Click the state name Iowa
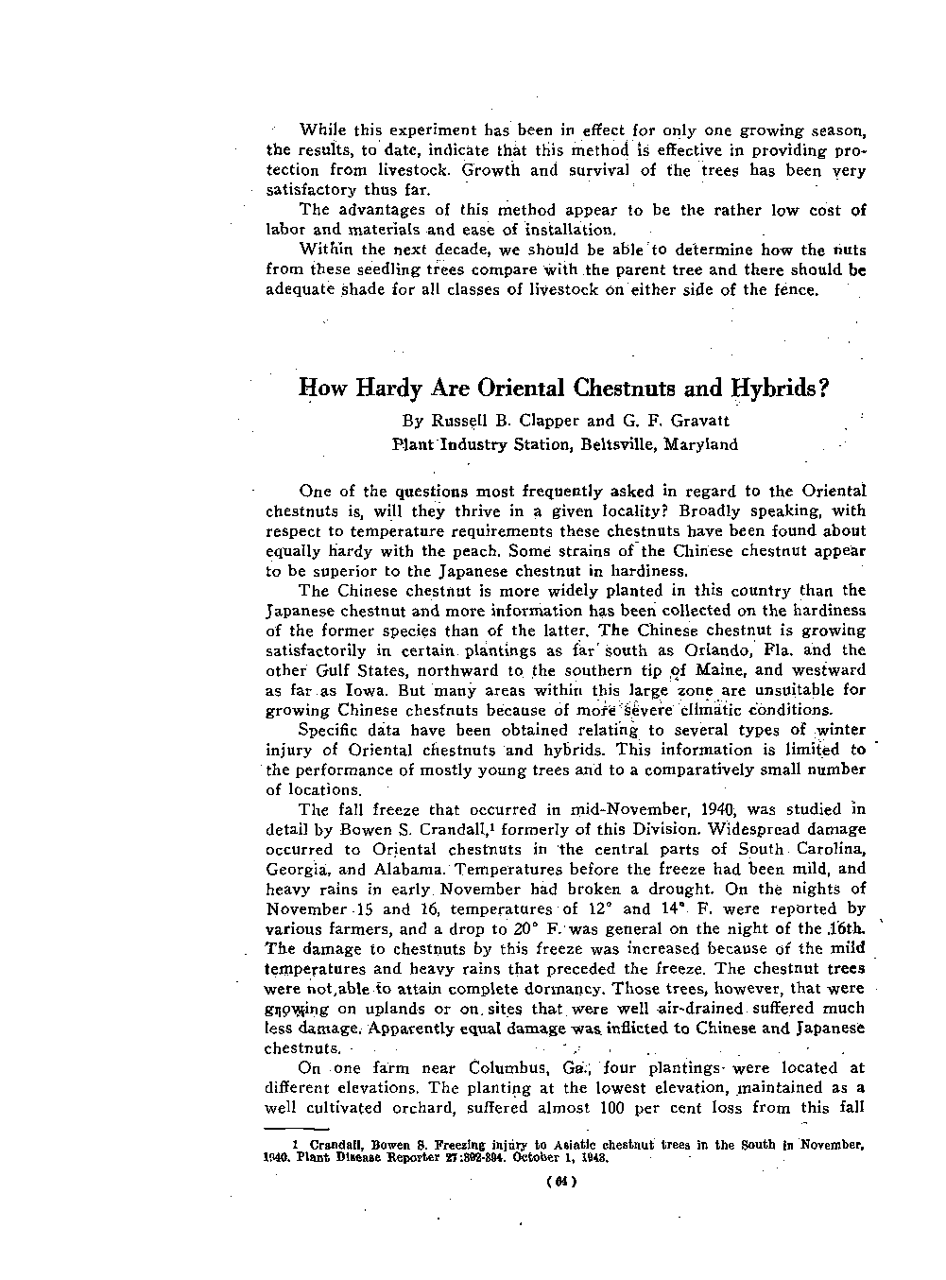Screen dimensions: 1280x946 click(x=347, y=690)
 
